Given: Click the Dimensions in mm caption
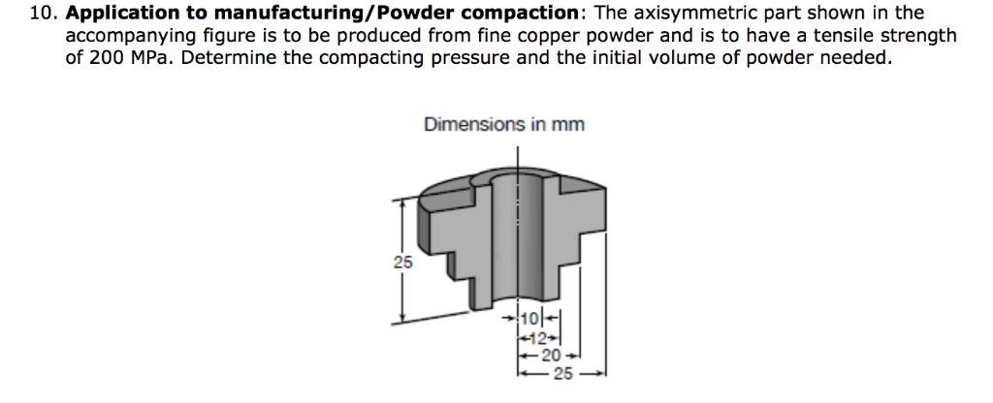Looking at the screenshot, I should [503, 125].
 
